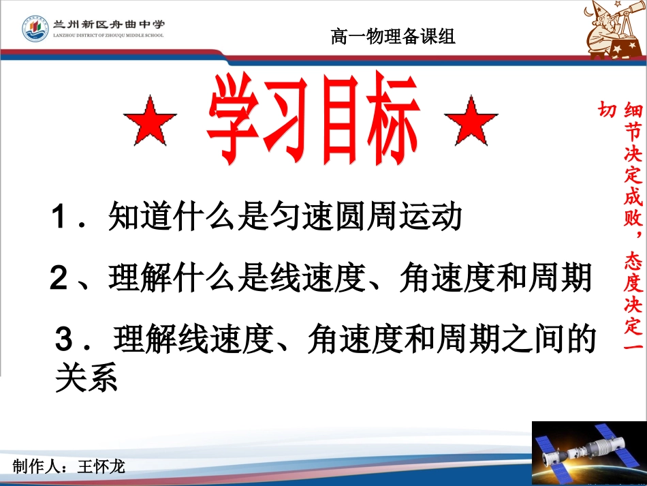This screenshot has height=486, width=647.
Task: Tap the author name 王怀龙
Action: (101, 467)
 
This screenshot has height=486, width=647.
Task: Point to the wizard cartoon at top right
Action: (614, 31)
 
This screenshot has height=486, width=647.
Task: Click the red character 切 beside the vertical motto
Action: (607, 110)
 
